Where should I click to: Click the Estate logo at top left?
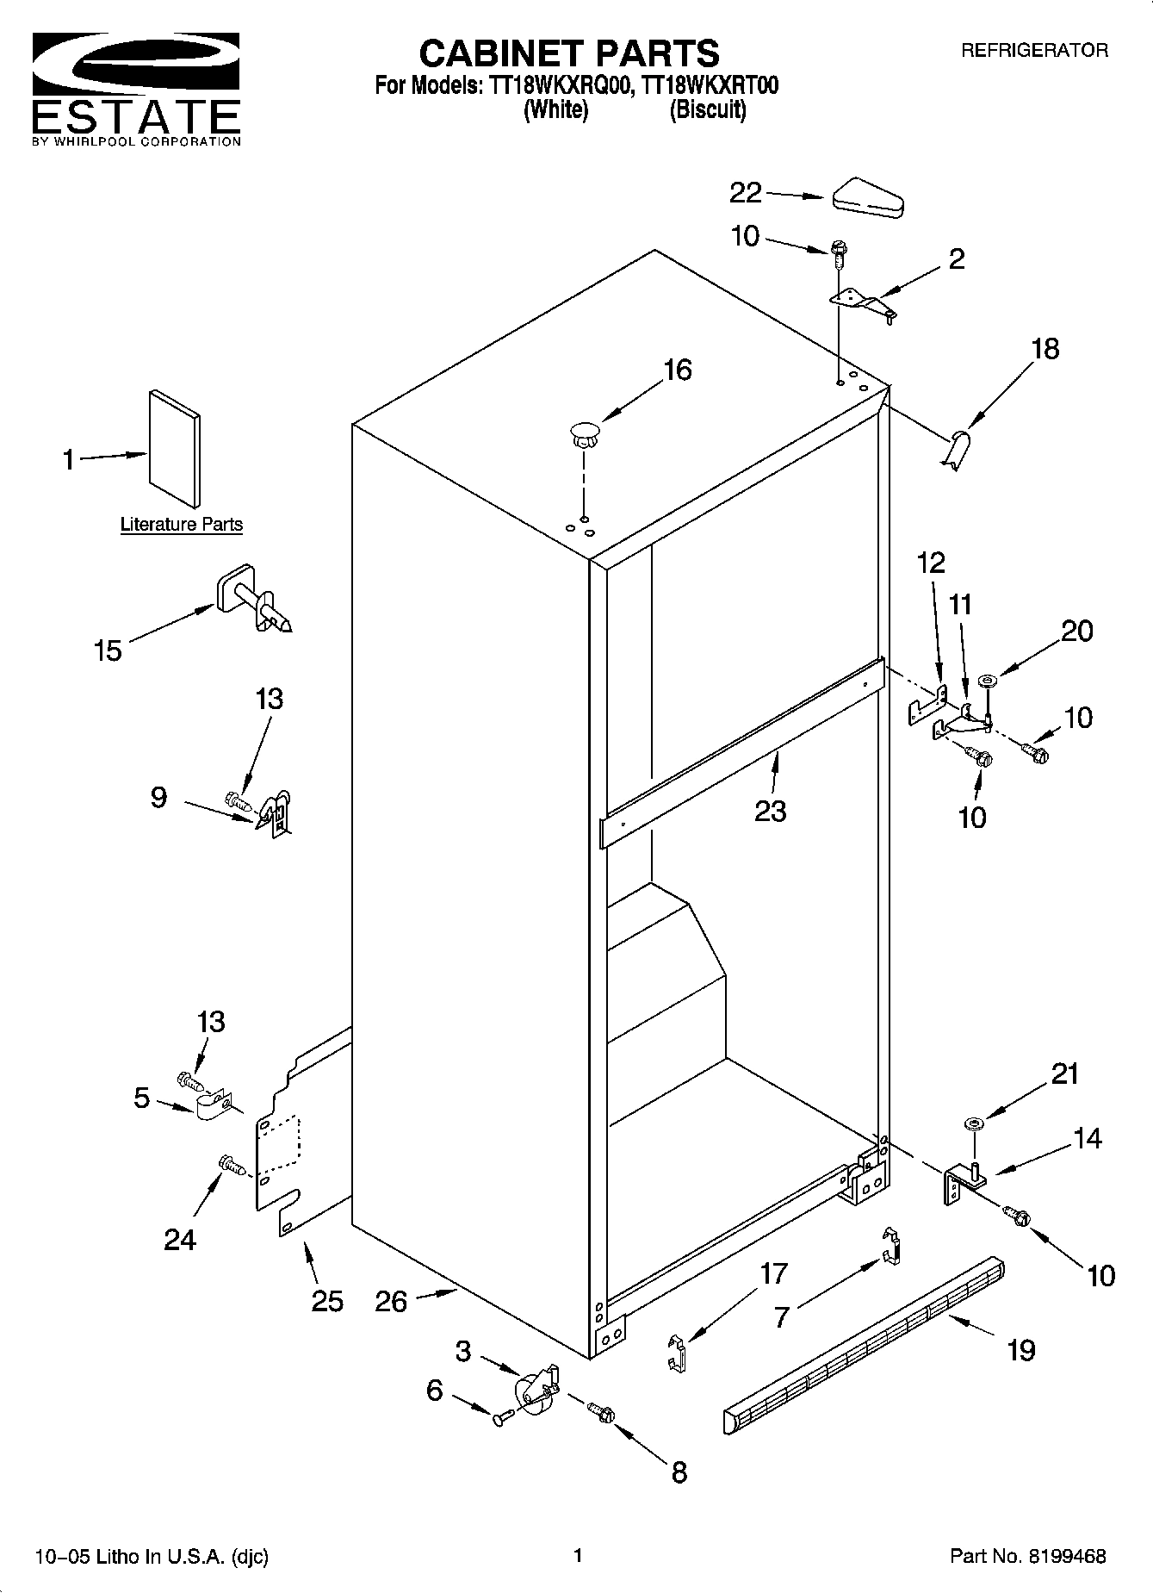[x=136, y=90]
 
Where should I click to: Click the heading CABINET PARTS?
[x=569, y=53]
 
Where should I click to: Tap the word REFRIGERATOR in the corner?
[x=1034, y=51]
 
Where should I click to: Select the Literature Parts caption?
[x=181, y=524]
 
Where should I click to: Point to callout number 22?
[x=746, y=193]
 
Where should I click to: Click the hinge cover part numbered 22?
[x=868, y=197]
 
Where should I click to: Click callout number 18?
[x=1045, y=349]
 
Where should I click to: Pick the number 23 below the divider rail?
[x=770, y=811]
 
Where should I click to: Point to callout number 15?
[x=108, y=650]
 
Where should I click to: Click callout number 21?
[x=1064, y=1073]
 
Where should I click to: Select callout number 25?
[x=327, y=1300]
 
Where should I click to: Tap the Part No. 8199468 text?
[x=1027, y=1556]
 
